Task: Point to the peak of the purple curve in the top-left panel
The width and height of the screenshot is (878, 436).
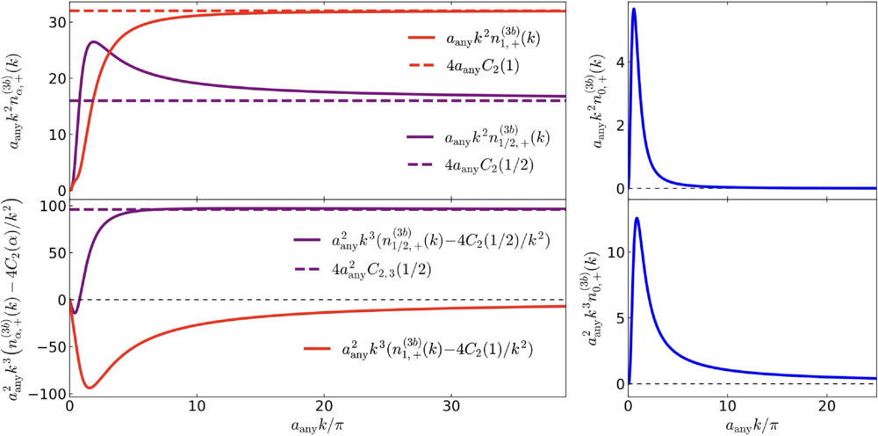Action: (94, 41)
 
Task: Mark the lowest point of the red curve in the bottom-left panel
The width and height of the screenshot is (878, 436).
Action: (90, 388)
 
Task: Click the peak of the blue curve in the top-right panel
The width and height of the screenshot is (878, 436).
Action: (633, 9)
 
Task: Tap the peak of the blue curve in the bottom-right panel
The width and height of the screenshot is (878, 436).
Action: (637, 218)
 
